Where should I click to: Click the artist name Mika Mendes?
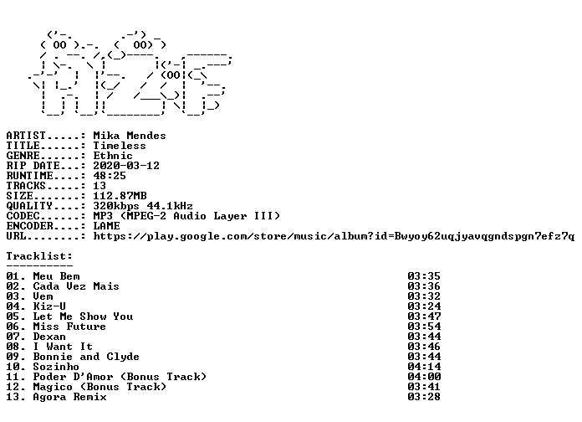(129, 136)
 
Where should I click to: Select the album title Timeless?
(119, 146)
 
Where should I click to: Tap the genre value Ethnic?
(112, 156)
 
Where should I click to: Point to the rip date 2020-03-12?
(126, 166)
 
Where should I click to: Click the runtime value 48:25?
(109, 176)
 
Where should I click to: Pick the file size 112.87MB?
(120, 196)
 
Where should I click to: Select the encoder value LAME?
(106, 226)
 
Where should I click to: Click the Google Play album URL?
(334, 236)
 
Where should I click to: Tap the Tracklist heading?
(39, 256)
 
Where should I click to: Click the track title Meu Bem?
(56, 276)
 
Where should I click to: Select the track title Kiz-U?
(49, 306)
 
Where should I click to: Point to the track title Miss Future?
(69, 327)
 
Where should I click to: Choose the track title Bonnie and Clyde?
(86, 357)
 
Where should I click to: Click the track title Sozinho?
(56, 367)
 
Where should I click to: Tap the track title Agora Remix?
(69, 397)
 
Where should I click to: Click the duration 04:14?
(424, 367)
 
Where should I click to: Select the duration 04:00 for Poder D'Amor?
(424, 377)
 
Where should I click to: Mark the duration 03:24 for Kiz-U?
(424, 306)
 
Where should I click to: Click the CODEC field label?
(23, 216)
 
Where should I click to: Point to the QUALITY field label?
(29, 206)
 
